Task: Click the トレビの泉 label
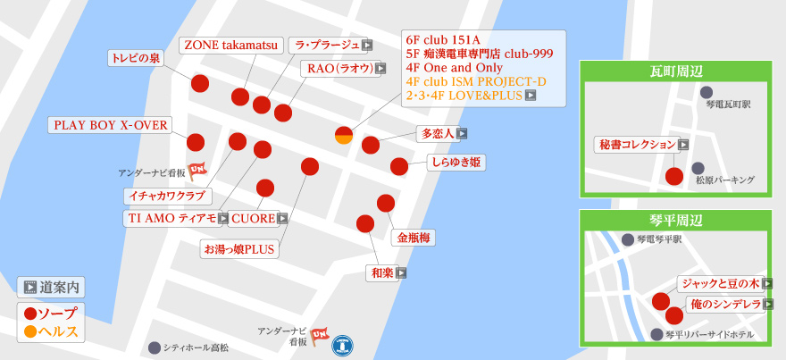tap(135, 58)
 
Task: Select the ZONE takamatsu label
tap(232, 45)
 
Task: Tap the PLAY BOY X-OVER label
tap(111, 125)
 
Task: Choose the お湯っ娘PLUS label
tap(239, 248)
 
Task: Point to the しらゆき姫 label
tap(456, 163)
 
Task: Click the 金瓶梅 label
tap(414, 238)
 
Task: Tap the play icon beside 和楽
tap(402, 273)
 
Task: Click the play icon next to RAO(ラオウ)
tap(380, 68)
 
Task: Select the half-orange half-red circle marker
tap(344, 136)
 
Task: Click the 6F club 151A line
tap(443, 40)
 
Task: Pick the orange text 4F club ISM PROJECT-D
tap(475, 80)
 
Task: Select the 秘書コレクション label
tap(638, 144)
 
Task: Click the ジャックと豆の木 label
tap(720, 283)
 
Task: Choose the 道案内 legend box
tap(51, 288)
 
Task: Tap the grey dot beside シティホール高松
tap(155, 347)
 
